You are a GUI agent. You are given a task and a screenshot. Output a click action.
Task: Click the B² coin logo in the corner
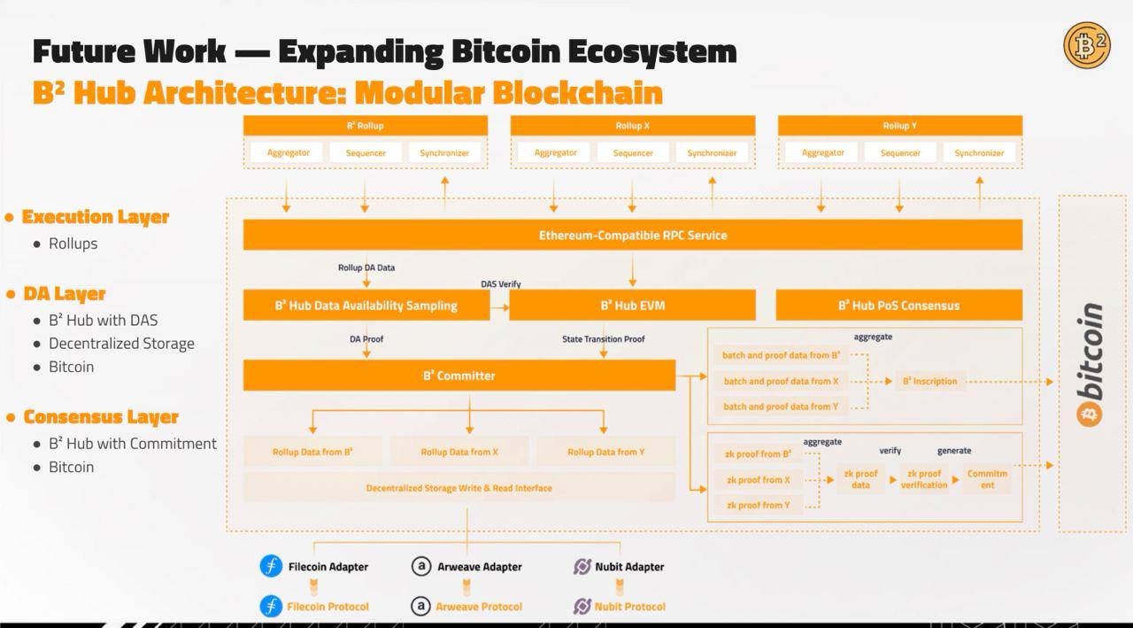click(x=1086, y=45)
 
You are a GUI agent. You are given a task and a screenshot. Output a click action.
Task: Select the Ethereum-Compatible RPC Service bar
click(x=632, y=235)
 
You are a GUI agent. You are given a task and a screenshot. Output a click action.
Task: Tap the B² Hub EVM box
click(x=632, y=306)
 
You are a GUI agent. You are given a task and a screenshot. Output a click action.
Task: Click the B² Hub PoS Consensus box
click(x=898, y=306)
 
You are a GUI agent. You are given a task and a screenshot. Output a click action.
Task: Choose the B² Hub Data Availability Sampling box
click(x=366, y=306)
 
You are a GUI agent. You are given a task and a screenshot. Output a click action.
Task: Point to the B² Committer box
click(x=459, y=376)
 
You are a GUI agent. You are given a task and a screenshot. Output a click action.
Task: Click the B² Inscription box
click(x=929, y=382)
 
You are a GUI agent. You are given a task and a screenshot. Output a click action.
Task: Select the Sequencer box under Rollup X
click(x=633, y=153)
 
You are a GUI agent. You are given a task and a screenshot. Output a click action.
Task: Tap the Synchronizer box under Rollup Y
click(x=979, y=153)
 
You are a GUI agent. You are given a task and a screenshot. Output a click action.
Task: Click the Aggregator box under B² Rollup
click(x=289, y=153)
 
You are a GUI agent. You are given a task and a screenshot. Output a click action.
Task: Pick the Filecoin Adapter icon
click(x=271, y=566)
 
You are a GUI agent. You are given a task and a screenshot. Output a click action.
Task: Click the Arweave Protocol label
click(x=478, y=607)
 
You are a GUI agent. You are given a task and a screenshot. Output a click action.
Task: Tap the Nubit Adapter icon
click(x=582, y=566)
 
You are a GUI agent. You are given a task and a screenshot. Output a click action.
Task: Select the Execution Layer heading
click(x=95, y=217)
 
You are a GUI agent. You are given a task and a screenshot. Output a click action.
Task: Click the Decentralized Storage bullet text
click(x=121, y=344)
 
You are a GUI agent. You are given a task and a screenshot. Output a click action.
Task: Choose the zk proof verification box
click(x=923, y=479)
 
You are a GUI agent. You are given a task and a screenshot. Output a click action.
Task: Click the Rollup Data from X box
click(x=459, y=452)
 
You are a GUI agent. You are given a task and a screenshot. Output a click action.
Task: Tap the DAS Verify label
click(x=501, y=284)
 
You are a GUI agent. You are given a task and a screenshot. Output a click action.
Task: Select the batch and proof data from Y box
click(x=780, y=407)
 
